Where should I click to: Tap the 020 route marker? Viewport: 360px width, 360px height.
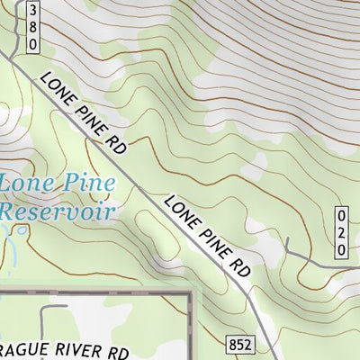pos(341,235)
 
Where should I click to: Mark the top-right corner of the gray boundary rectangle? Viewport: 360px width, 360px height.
pos(191,294)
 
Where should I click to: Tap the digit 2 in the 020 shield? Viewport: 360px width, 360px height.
pos(341,235)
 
